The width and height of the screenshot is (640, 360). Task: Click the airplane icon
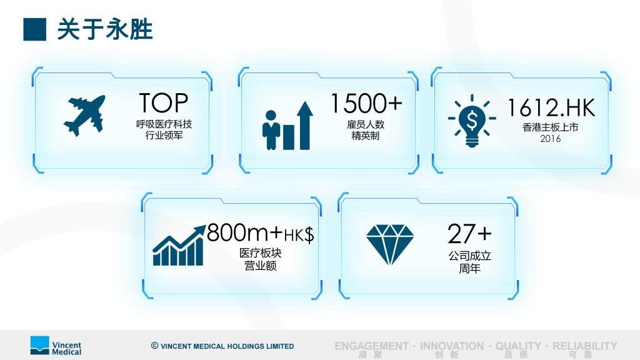(84, 116)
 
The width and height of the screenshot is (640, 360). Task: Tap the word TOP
(163, 103)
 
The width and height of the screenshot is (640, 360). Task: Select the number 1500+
(366, 103)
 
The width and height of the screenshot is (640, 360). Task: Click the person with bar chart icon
(287, 126)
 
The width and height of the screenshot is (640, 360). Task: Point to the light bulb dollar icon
(472, 121)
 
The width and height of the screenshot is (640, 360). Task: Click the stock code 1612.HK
(551, 107)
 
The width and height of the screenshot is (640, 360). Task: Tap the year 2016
(551, 139)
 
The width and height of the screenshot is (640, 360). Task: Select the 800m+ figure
(244, 232)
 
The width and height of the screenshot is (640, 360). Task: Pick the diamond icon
(390, 244)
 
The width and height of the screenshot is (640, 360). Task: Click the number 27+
(469, 234)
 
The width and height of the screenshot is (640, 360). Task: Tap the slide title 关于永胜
(105, 29)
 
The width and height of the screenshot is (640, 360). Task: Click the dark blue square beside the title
(35, 29)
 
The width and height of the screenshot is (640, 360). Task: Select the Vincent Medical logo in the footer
(56, 346)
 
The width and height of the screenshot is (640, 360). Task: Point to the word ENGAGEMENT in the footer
(371, 346)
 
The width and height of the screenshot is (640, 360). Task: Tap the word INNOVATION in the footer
(452, 346)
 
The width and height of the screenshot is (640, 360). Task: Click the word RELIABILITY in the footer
(585, 346)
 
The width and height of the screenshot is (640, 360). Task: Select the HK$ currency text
(299, 235)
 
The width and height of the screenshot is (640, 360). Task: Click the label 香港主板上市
(550, 127)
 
